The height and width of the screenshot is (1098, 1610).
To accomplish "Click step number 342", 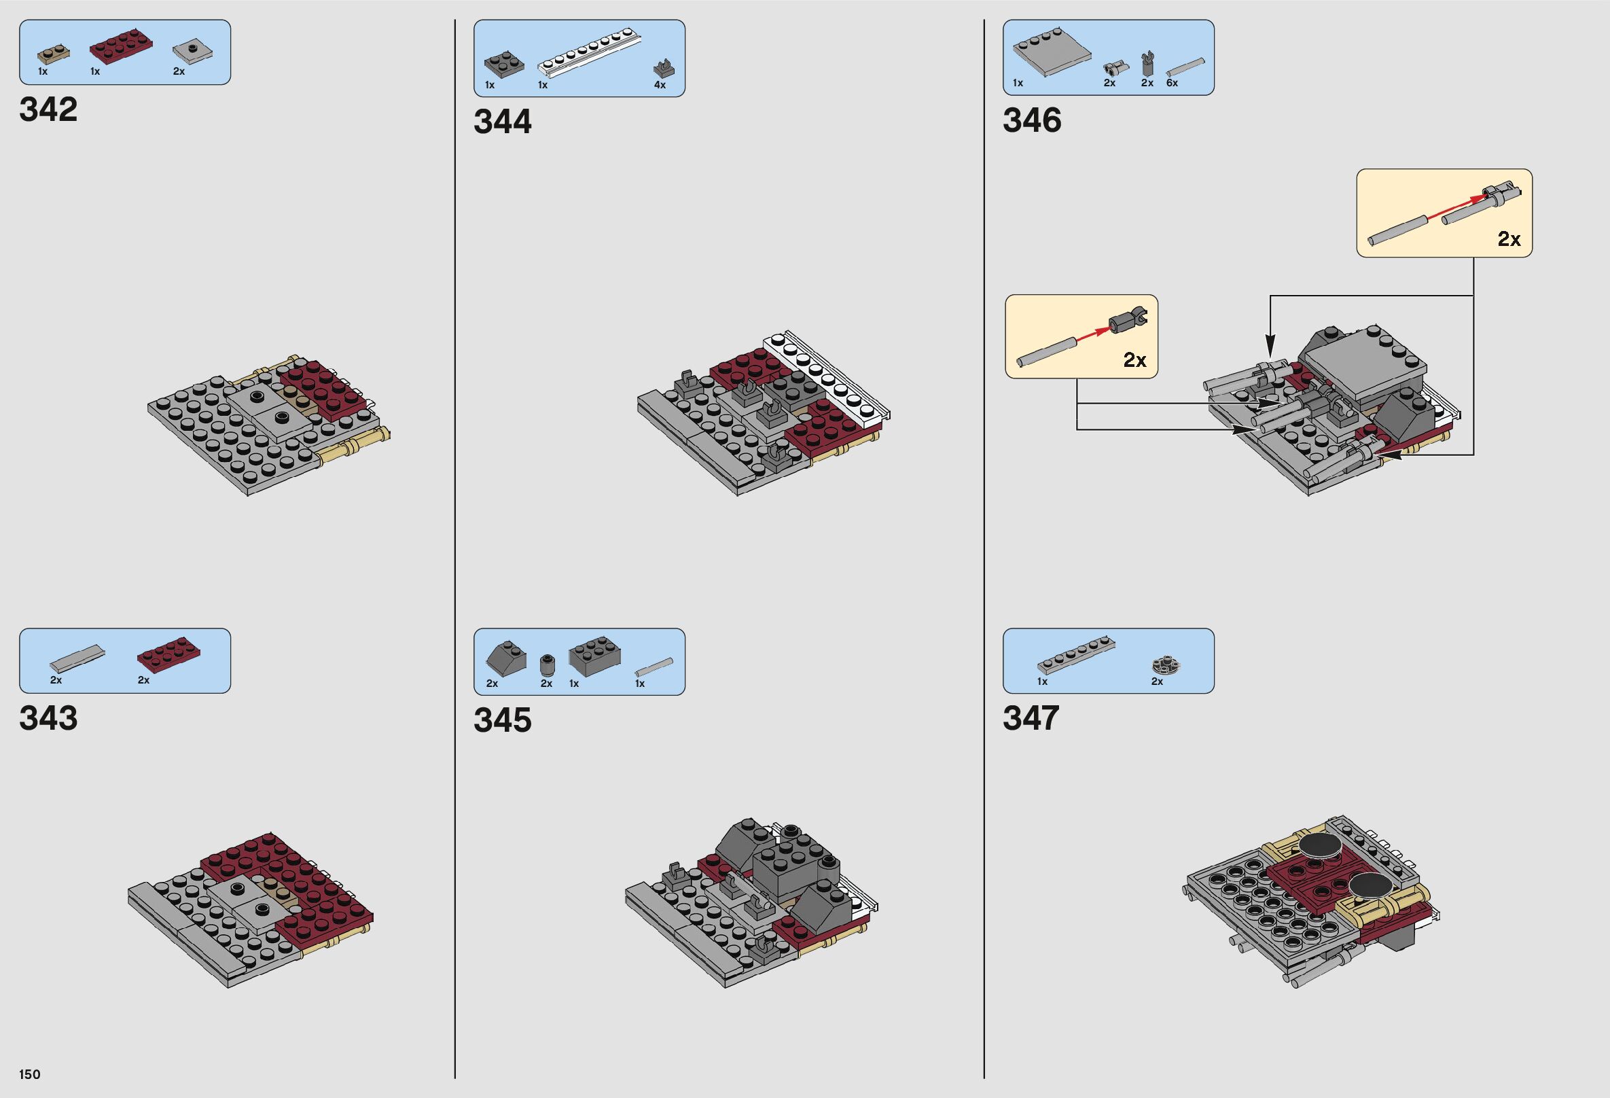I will [x=48, y=109].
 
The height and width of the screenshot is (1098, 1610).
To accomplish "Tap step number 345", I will [x=502, y=720].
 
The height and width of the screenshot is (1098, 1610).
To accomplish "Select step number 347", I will [x=1031, y=718].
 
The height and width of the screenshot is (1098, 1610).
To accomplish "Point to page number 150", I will [x=30, y=1074].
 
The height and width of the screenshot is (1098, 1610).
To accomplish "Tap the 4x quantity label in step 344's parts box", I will [x=660, y=85].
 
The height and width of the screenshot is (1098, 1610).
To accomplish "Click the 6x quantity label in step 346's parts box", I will [x=1172, y=83].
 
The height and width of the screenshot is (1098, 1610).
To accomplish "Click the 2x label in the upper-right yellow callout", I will [x=1509, y=239].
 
